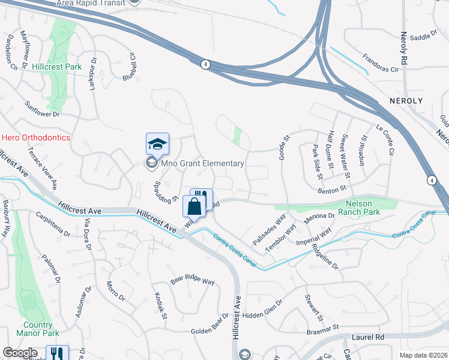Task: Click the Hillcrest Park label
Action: coord(57,67)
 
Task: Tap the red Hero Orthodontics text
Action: coord(35,137)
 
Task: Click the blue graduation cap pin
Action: coord(157,145)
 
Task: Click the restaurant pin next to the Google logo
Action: coord(57,354)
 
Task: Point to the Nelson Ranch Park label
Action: coord(360,207)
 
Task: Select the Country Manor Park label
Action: coord(42,329)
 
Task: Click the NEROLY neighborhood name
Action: coord(406,101)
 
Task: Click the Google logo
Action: coord(20,353)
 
